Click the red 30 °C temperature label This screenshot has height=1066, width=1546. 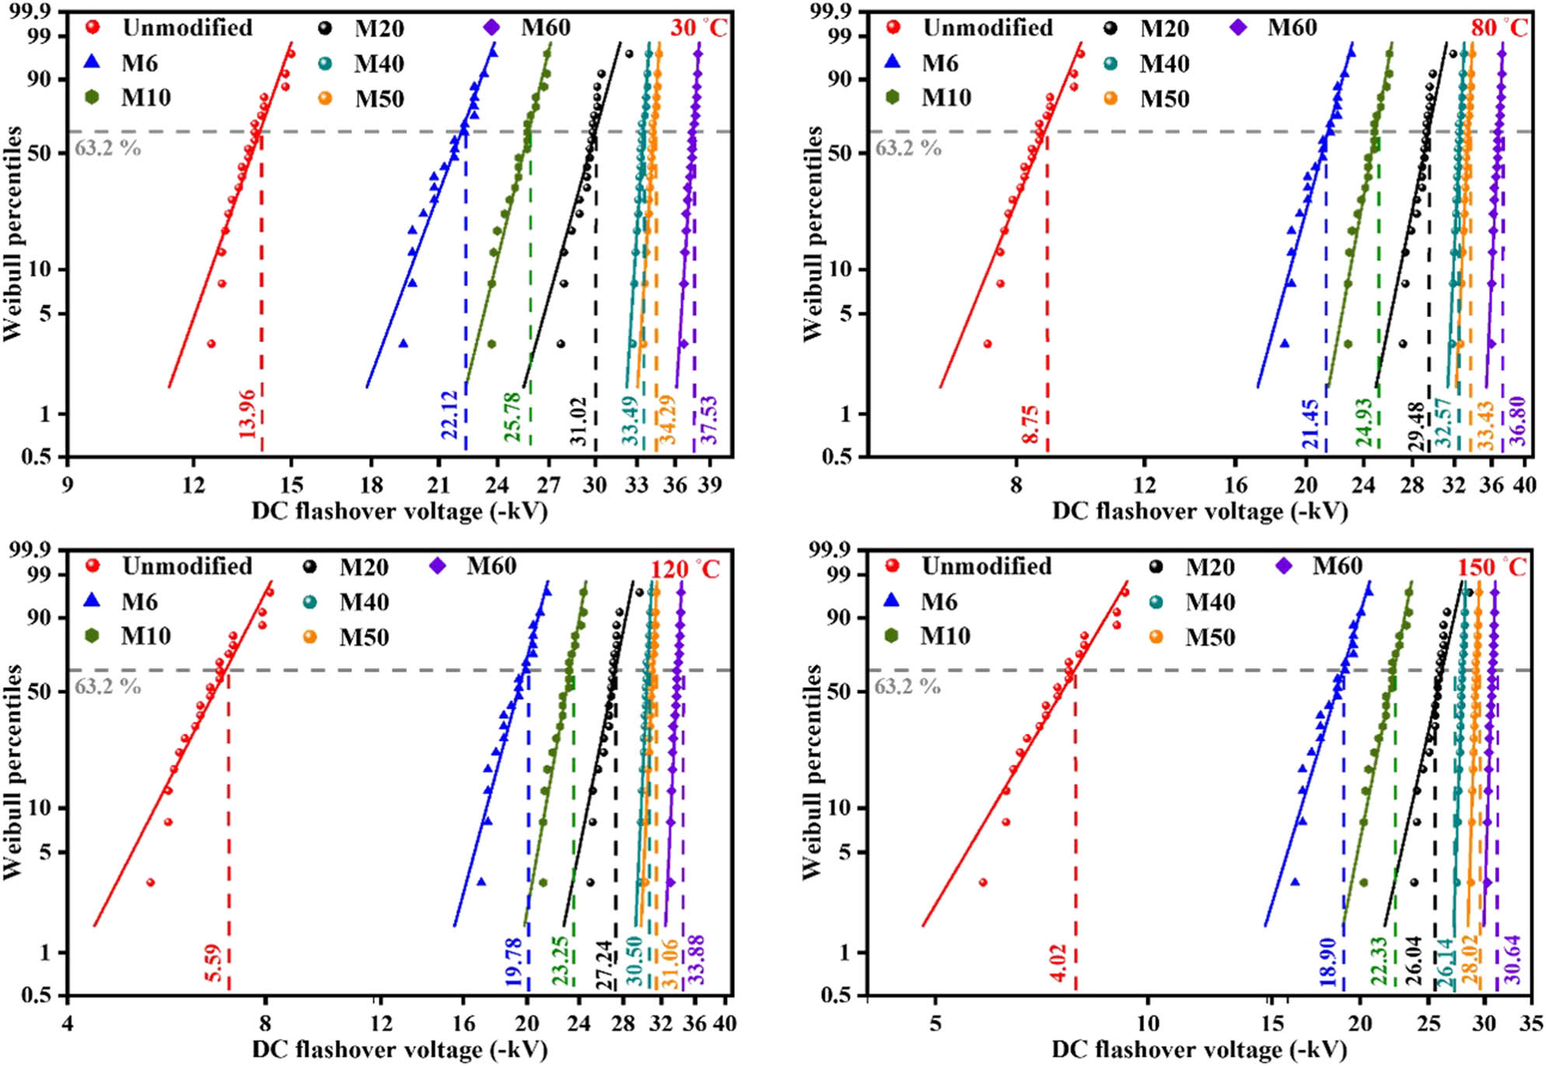pos(698,28)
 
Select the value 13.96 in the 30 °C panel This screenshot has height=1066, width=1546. pos(247,414)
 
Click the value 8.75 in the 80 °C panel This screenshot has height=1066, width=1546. pos(1031,425)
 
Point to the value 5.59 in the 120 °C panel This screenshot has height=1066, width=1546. pos(214,963)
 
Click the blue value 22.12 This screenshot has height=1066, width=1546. pos(449,414)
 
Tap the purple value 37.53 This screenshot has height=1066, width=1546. pos(709,420)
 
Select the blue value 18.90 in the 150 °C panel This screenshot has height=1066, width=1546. pos(1327,962)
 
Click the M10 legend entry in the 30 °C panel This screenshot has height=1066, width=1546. pos(145,98)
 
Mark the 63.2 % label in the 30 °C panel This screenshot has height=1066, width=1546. pos(107,148)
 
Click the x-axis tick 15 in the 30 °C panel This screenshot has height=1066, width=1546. pos(291,485)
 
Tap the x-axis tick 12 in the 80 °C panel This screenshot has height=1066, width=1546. pos(1144,485)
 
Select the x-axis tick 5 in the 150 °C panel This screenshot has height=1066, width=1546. pos(935,1023)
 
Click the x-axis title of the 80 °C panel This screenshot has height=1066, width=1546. pos(1200,511)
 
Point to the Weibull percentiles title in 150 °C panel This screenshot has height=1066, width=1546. pos(812,772)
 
